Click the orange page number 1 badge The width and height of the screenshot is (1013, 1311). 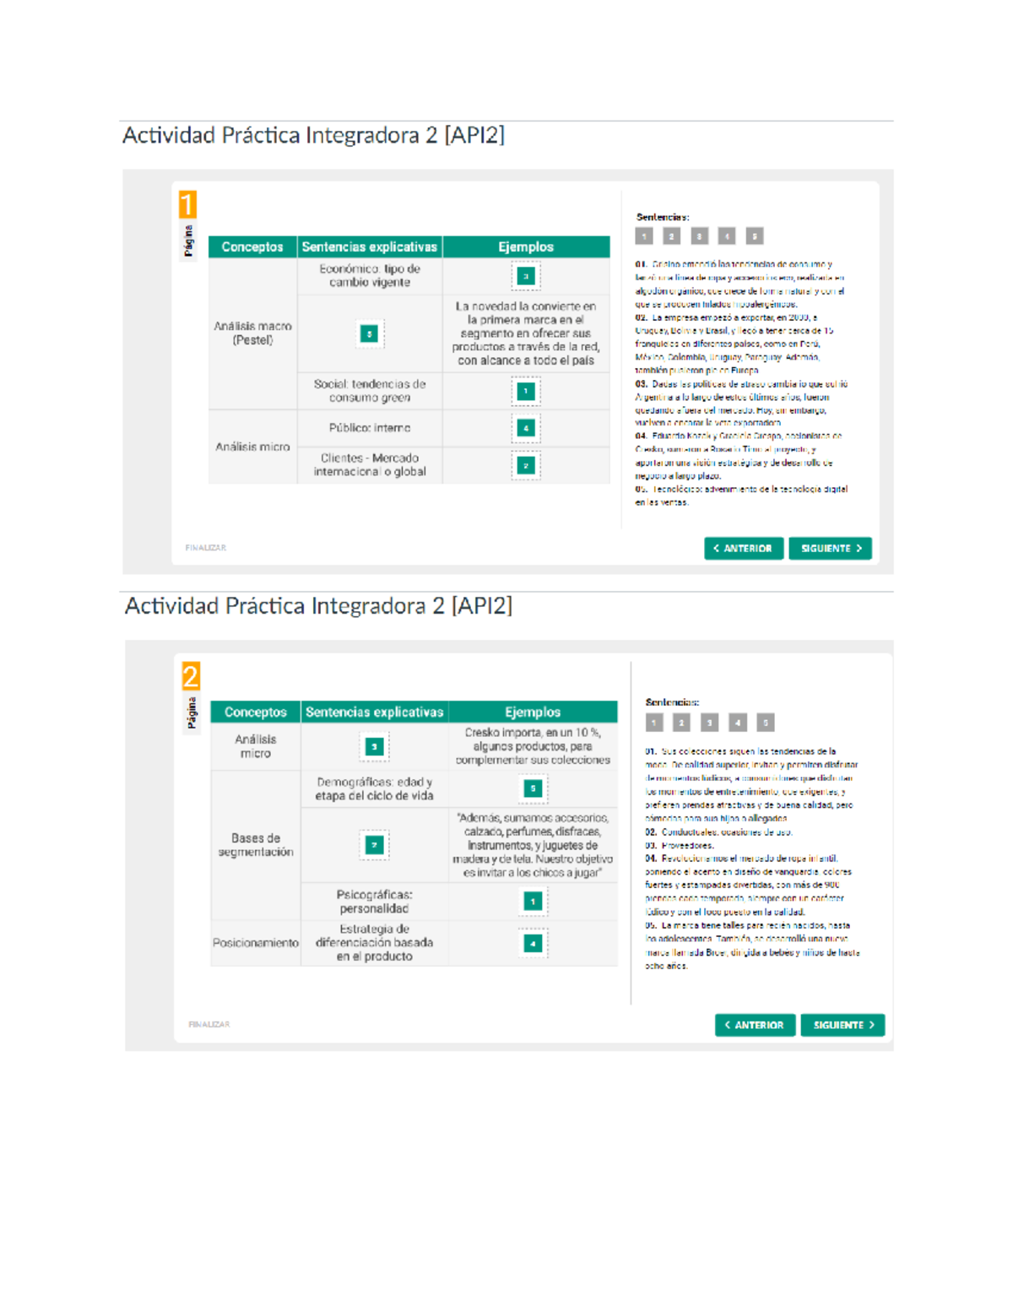point(187,204)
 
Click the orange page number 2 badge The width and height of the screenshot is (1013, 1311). point(191,676)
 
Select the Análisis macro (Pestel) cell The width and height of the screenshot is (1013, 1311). point(252,333)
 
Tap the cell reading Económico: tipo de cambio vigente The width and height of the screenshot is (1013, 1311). point(370,275)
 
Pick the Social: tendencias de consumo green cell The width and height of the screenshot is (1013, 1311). point(370,391)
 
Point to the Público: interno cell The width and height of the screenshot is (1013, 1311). point(370,428)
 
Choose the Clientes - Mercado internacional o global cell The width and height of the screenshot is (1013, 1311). point(370,465)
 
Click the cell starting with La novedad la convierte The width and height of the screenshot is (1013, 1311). point(526,333)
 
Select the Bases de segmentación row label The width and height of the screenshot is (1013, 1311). point(256,845)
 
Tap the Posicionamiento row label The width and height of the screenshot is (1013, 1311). point(256,943)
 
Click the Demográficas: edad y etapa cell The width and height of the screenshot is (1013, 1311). point(374,788)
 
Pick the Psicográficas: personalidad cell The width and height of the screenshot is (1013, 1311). point(374,902)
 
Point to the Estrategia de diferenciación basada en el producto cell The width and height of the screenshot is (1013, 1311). point(374,943)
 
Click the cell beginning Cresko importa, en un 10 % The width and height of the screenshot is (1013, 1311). point(533,746)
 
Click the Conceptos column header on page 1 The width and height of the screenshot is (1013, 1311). point(252,247)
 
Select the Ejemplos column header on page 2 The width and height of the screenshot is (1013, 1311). point(533,712)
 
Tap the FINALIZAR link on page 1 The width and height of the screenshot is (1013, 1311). point(206,548)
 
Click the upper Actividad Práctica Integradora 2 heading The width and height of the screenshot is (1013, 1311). point(313,136)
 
